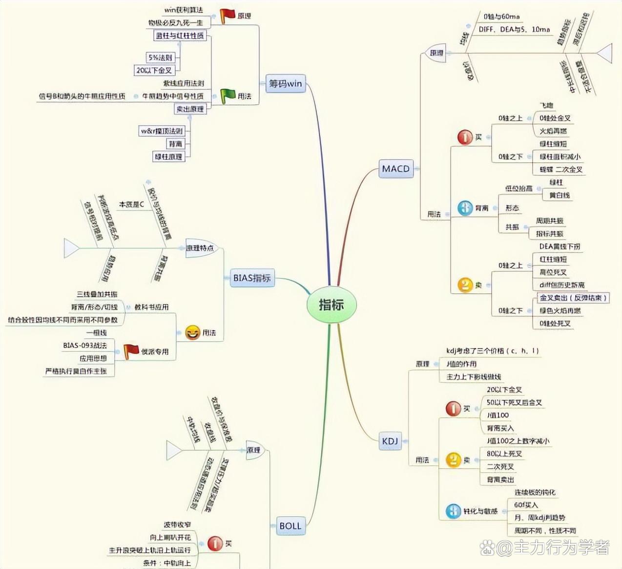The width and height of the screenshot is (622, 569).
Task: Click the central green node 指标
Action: (x=332, y=305)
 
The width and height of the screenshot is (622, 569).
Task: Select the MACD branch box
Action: (x=396, y=169)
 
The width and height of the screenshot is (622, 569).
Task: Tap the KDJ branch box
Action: (x=390, y=441)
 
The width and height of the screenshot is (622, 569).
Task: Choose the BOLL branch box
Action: (x=290, y=526)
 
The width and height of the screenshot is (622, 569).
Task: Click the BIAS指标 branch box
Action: (x=251, y=278)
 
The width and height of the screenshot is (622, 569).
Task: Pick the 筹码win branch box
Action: (x=286, y=83)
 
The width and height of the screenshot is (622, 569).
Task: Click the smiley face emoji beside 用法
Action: (x=192, y=333)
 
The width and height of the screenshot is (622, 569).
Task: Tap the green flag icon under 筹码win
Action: (x=228, y=96)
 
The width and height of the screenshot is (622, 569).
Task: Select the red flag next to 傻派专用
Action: (x=130, y=351)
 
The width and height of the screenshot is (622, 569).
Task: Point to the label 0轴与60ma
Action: (x=501, y=17)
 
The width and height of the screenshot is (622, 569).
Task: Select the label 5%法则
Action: (x=160, y=58)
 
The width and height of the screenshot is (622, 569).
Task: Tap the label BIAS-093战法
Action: (x=84, y=345)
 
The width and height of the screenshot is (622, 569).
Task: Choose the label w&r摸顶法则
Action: (x=162, y=131)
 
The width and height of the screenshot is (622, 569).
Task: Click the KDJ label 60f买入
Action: (x=526, y=504)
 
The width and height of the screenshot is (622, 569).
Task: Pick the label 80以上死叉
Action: (x=504, y=454)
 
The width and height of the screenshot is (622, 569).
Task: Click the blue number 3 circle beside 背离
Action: (x=465, y=208)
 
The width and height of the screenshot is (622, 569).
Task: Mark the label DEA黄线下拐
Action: (x=560, y=246)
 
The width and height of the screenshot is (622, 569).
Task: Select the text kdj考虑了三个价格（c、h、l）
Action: (x=493, y=351)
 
